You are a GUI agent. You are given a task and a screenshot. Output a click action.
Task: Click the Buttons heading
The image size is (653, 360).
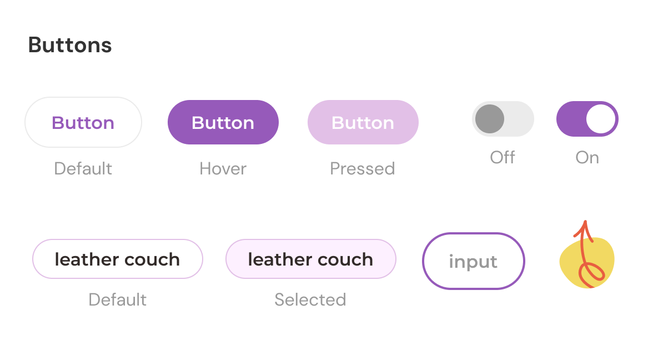point(70,45)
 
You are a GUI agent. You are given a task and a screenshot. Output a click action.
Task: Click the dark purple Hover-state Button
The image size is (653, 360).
point(223,122)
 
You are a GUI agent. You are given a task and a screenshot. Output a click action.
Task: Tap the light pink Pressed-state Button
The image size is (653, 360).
point(363,122)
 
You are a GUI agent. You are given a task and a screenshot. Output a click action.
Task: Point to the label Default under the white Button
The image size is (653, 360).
point(83,169)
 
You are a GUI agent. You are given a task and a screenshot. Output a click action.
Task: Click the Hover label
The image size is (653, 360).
point(223,169)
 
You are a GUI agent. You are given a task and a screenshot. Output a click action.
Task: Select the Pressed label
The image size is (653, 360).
point(362,169)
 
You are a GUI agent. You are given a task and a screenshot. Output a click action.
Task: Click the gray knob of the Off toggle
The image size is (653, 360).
point(490,119)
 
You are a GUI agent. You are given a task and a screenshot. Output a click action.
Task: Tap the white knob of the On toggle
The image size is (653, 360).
point(601,119)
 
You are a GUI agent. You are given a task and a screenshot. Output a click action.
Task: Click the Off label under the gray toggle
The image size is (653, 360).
point(502,158)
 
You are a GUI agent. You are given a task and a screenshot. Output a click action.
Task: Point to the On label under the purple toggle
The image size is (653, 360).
point(587,158)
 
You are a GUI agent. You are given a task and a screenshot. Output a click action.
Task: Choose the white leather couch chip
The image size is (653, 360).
point(118,259)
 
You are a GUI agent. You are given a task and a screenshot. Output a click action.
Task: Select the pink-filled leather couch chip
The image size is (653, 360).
point(311,259)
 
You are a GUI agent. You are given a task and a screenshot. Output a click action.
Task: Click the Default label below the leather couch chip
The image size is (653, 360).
point(118,299)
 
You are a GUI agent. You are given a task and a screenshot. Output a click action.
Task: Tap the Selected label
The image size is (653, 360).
point(310,299)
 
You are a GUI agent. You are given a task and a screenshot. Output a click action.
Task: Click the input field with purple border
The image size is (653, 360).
point(474,261)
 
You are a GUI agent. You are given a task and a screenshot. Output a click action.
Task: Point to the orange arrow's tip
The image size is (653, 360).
point(585,221)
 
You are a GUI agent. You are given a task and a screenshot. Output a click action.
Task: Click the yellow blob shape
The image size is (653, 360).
point(587,262)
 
